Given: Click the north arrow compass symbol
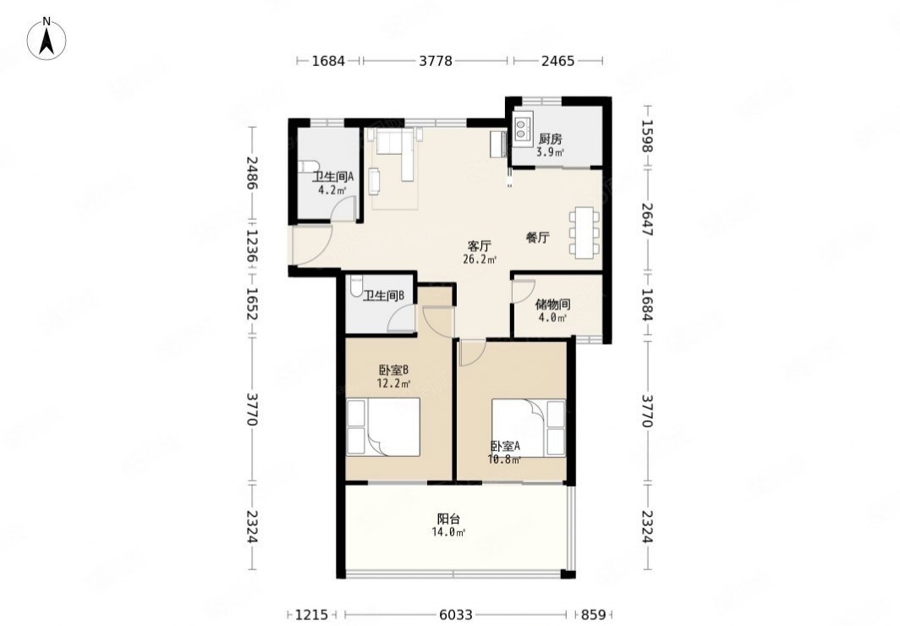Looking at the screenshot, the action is pyautogui.click(x=47, y=39).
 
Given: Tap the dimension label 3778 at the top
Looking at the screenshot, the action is pyautogui.click(x=436, y=60).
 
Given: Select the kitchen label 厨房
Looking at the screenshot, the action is pyautogui.click(x=550, y=140).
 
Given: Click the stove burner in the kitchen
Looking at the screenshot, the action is pyautogui.click(x=522, y=129).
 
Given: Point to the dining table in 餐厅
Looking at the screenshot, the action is pyautogui.click(x=584, y=233).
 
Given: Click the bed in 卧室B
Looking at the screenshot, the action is pyautogui.click(x=384, y=427).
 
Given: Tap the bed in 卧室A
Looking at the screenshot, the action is pyautogui.click(x=528, y=428).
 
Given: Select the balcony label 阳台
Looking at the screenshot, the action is pyautogui.click(x=448, y=519).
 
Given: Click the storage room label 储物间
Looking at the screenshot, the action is pyautogui.click(x=552, y=304).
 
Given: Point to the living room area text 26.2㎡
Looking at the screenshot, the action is pyautogui.click(x=480, y=260).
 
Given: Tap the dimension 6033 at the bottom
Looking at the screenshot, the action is pyautogui.click(x=456, y=615).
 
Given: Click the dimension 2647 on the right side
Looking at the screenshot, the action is pyautogui.click(x=647, y=219).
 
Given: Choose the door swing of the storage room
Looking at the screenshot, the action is pyautogui.click(x=523, y=292).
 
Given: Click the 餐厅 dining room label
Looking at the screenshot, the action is pyautogui.click(x=538, y=237).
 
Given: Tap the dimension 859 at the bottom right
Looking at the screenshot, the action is pyautogui.click(x=594, y=615).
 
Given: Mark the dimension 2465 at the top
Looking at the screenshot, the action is pyautogui.click(x=558, y=60).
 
